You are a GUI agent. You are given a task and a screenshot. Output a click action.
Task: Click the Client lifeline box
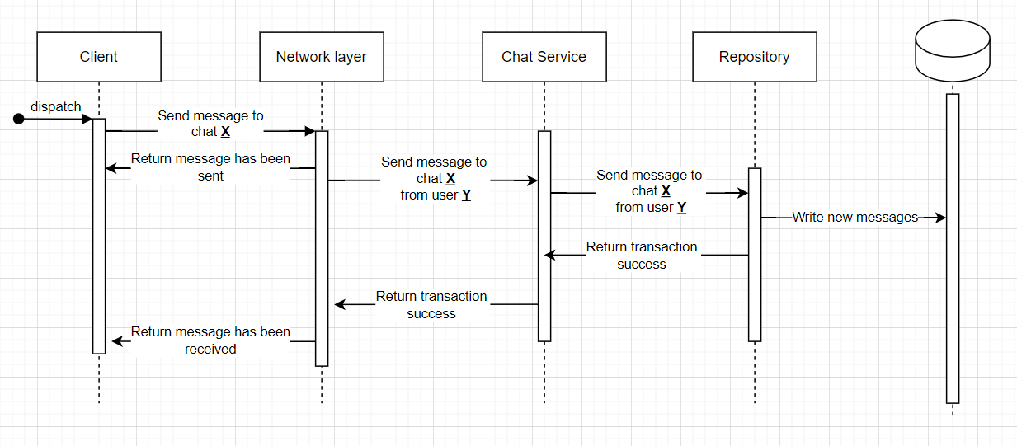(x=99, y=57)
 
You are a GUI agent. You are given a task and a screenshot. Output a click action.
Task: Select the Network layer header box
(x=321, y=57)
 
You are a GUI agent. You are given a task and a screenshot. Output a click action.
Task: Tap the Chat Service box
(x=544, y=57)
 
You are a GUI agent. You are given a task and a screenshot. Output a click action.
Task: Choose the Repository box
(x=754, y=57)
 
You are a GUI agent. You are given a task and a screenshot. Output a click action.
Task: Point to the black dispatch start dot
(x=19, y=120)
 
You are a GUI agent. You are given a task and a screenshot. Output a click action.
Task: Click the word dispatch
(x=56, y=106)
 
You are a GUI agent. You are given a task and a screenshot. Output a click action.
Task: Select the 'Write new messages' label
(x=855, y=218)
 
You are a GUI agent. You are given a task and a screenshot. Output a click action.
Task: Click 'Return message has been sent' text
(x=210, y=167)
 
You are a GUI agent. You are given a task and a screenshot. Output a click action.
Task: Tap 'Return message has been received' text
(x=210, y=340)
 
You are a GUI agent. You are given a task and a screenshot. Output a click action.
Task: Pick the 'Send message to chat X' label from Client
(x=210, y=124)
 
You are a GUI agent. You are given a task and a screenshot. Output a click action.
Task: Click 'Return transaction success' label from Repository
(x=642, y=256)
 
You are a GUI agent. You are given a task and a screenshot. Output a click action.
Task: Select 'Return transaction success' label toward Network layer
(x=431, y=305)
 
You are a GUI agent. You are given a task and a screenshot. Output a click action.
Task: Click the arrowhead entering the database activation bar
(x=940, y=218)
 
